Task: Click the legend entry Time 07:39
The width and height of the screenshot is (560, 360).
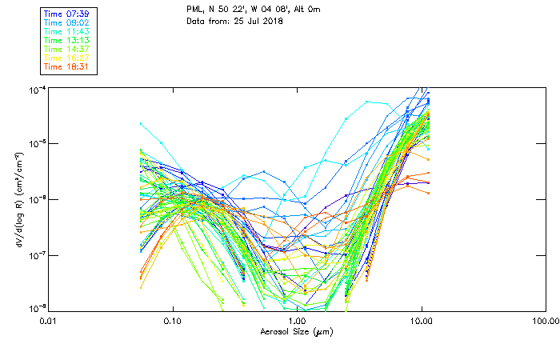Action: pos(66,14)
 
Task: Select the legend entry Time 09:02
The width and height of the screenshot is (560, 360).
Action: pos(66,22)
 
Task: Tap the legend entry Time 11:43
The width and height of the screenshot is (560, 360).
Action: pos(66,31)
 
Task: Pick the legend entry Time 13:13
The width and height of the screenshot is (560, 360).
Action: pos(66,40)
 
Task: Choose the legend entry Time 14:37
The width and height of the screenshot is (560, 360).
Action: pos(66,49)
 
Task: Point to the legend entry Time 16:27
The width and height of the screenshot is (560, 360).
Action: pos(66,58)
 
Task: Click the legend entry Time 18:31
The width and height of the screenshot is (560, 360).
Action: pos(66,66)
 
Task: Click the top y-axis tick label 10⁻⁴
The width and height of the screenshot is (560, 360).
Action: pos(38,89)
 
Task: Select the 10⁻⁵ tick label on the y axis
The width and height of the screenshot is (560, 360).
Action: pos(38,143)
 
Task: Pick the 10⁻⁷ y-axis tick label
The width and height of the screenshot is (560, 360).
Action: pos(38,254)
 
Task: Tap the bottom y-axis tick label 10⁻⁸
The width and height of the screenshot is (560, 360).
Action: pos(38,309)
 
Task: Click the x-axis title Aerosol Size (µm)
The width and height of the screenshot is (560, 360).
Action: pos(296,331)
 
